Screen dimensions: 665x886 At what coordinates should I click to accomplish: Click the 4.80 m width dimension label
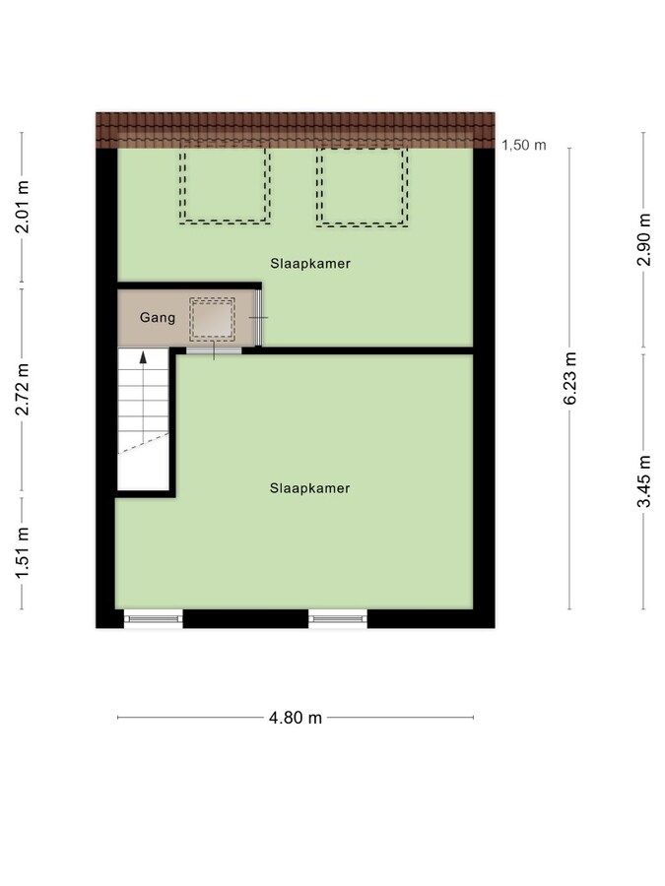click(x=296, y=718)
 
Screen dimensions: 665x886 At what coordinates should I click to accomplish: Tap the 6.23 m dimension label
click(x=570, y=378)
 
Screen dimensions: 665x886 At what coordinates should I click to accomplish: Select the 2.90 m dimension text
click(x=644, y=239)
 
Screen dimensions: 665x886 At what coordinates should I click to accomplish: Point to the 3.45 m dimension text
click(x=644, y=481)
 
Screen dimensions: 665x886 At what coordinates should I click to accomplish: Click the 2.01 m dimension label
click(x=22, y=207)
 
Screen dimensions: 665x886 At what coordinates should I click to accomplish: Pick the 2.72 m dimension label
click(x=22, y=389)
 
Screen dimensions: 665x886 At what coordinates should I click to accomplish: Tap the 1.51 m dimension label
click(x=22, y=552)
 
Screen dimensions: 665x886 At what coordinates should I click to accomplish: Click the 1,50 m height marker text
click(x=524, y=146)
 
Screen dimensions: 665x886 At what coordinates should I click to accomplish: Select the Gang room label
click(x=158, y=318)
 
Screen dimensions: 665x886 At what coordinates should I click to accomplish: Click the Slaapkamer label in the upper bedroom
click(x=310, y=263)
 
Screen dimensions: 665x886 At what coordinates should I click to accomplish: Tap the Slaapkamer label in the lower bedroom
click(x=310, y=488)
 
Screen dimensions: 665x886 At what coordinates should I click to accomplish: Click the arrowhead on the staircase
click(x=143, y=356)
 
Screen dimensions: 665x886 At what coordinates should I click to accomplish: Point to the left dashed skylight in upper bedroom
click(x=225, y=186)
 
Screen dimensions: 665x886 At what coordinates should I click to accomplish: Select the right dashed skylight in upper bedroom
click(x=362, y=187)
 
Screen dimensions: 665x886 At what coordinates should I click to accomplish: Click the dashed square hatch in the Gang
click(x=212, y=320)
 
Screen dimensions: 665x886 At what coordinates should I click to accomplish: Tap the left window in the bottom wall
click(x=154, y=619)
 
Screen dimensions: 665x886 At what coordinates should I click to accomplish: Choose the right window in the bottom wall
click(x=338, y=619)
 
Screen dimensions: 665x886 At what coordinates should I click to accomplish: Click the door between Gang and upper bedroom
click(x=258, y=318)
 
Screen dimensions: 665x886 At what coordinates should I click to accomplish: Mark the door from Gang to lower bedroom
click(x=214, y=350)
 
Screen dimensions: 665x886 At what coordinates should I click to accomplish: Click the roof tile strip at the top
click(x=296, y=130)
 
